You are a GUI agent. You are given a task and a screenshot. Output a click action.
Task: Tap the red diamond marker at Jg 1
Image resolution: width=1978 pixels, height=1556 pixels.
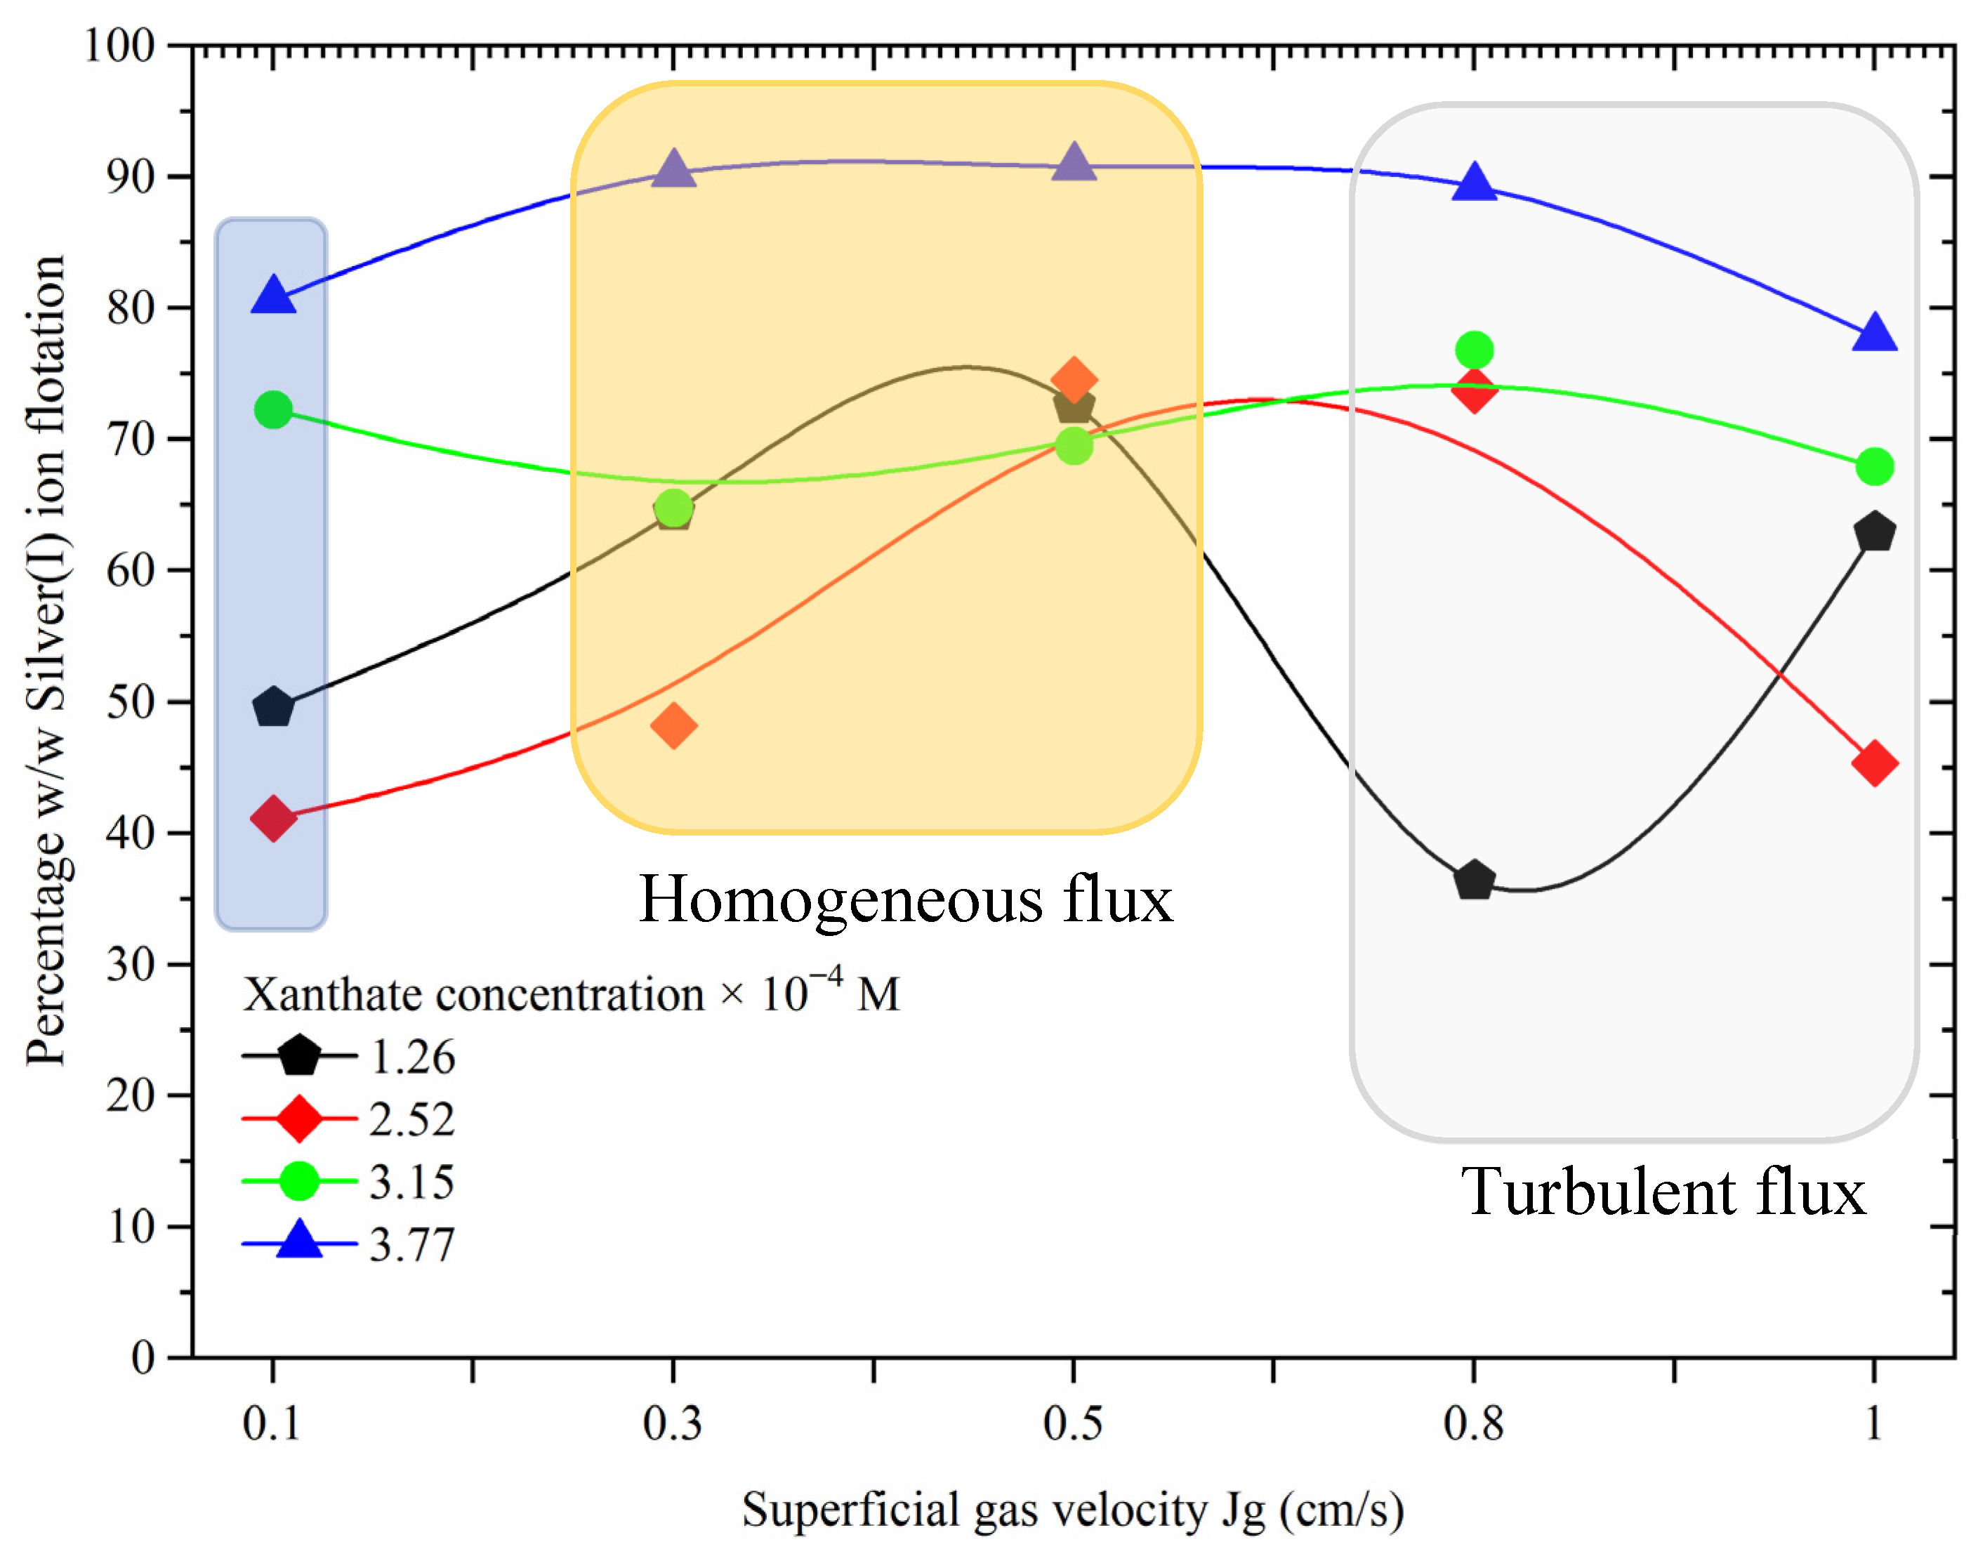point(1874,763)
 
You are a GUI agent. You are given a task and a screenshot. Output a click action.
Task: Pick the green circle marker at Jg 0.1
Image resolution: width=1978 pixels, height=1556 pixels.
point(273,410)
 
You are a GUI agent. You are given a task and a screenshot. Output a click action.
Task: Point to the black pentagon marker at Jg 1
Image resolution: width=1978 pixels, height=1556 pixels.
point(1874,531)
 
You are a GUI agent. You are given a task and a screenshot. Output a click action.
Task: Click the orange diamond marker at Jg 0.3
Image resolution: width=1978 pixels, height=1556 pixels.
point(673,725)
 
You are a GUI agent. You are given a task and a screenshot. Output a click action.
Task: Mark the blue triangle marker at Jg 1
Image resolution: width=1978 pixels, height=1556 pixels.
point(1874,334)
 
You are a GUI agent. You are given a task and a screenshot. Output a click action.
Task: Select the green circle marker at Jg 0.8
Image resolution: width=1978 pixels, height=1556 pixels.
point(1474,350)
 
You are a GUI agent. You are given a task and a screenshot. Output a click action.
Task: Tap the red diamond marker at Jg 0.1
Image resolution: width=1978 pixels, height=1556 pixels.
point(273,817)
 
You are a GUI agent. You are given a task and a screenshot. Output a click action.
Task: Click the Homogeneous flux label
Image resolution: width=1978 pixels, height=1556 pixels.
point(906,900)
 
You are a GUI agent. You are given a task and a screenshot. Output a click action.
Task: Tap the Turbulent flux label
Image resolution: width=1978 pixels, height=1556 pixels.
point(1663,1192)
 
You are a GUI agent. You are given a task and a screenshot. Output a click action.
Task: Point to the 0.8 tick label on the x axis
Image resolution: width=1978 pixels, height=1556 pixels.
point(1473,1424)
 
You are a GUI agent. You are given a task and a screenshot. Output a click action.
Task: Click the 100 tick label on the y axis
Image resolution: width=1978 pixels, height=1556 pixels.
point(119,46)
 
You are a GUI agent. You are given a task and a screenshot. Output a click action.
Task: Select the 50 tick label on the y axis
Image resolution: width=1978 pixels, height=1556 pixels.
point(131,702)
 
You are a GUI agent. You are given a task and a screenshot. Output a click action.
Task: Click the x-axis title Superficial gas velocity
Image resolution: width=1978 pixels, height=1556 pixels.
point(1072,1510)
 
